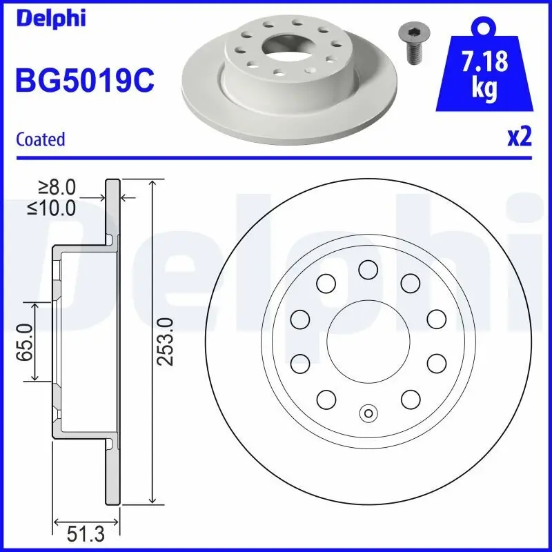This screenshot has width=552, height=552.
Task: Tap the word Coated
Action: click(x=40, y=139)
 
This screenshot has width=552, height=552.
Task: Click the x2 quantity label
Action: click(x=519, y=137)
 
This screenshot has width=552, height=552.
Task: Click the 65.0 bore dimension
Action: click(x=25, y=341)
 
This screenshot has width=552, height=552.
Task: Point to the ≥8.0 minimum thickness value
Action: click(x=57, y=187)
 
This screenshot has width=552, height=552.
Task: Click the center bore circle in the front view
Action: click(x=368, y=340)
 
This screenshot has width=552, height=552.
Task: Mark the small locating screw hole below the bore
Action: click(x=368, y=414)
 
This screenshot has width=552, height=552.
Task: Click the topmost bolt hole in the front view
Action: click(x=368, y=270)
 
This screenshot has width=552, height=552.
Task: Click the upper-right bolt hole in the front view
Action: click(x=411, y=282)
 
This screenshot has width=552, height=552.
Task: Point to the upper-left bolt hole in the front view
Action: click(x=326, y=282)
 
